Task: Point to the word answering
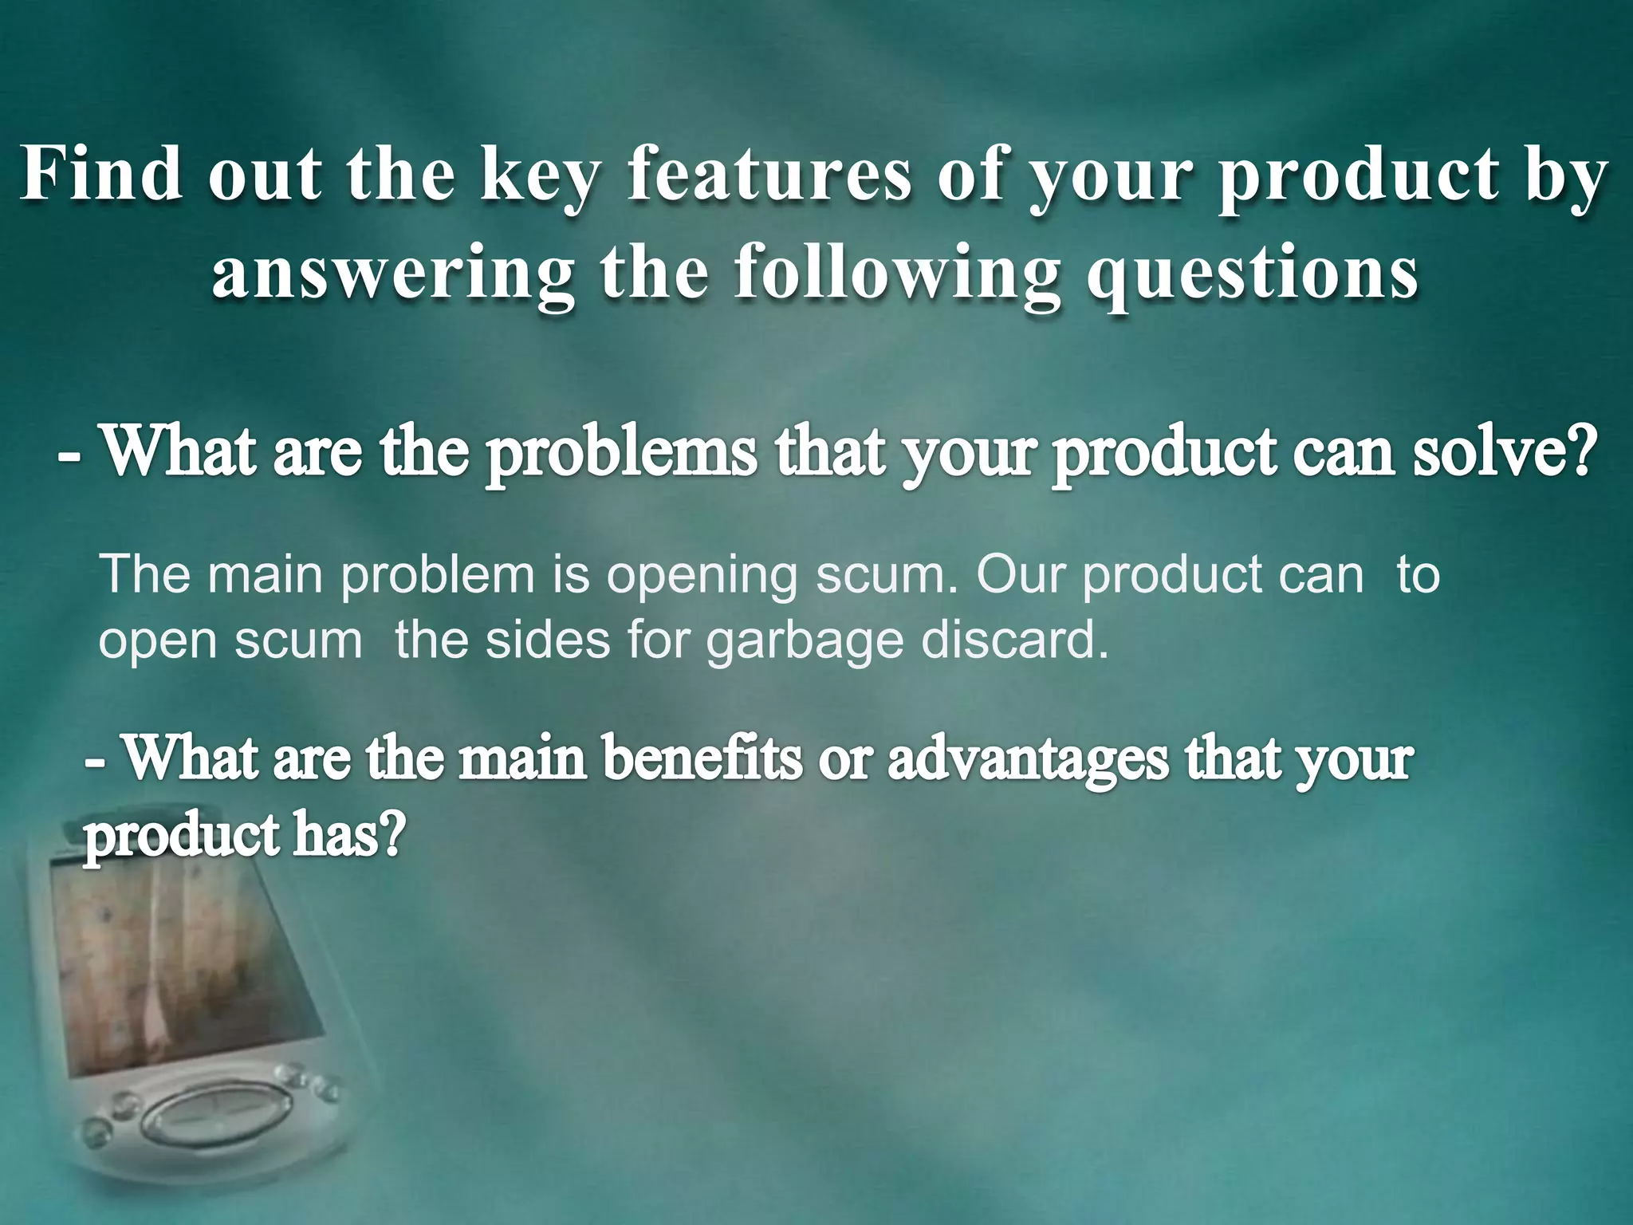pos(392,274)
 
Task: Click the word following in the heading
pos(898,274)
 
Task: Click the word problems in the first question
pos(621,452)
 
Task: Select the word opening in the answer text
pos(702,576)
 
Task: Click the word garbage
pos(805,643)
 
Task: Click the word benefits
pos(702,758)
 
